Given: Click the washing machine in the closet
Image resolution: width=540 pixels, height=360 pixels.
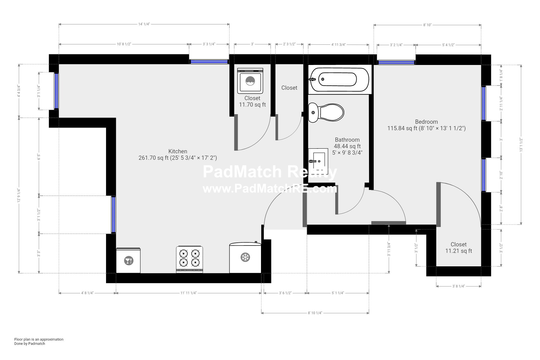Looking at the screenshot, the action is (x=250, y=81).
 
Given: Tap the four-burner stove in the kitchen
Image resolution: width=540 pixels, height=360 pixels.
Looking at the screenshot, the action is (x=190, y=259).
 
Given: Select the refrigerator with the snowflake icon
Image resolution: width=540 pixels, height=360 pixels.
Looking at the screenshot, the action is (x=246, y=257).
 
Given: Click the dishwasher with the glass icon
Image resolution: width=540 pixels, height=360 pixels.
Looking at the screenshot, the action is (x=128, y=260).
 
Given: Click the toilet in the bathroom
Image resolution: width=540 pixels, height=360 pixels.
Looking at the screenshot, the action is (x=326, y=112).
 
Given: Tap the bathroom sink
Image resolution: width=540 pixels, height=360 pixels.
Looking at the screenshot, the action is (x=318, y=159).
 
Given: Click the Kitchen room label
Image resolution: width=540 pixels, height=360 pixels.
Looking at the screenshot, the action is (x=178, y=151).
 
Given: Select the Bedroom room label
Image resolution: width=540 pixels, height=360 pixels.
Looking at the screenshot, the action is (x=426, y=122).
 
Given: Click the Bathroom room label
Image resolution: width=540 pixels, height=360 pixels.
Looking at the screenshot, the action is (x=347, y=140).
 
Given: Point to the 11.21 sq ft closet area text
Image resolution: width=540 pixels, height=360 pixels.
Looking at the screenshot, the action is (x=458, y=251).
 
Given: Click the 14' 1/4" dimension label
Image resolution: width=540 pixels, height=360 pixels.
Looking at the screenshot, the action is (x=144, y=24).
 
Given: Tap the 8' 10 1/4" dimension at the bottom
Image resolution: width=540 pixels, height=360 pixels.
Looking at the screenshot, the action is (x=315, y=313).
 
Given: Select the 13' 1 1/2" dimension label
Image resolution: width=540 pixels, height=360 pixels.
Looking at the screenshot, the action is (x=521, y=145).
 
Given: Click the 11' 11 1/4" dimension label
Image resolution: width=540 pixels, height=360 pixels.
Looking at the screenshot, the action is (x=188, y=293).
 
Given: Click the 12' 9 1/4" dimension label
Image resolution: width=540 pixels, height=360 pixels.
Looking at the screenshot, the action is (x=19, y=195).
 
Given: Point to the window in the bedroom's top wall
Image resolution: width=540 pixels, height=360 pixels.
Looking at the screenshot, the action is (x=396, y=62).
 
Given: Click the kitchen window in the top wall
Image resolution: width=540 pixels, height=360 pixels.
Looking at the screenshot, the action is (x=208, y=62).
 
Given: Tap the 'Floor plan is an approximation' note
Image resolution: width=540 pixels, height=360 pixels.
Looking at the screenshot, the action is (x=39, y=339).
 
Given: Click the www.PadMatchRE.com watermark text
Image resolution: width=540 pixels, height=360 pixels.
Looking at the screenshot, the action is (x=270, y=189).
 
